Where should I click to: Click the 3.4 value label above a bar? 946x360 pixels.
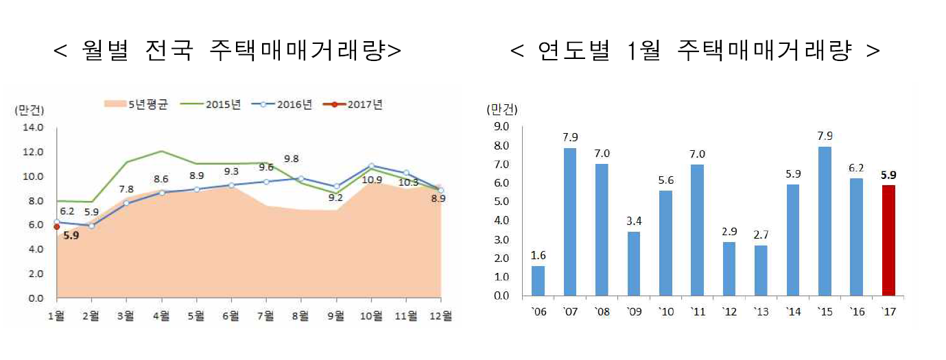pyautogui.click(x=632, y=221)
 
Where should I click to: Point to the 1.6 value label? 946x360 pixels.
pyautogui.click(x=539, y=256)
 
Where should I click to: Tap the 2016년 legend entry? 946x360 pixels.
pyautogui.click(x=281, y=105)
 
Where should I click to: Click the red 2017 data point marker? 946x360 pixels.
pyautogui.click(x=57, y=226)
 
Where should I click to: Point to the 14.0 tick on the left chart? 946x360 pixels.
pyautogui.click(x=33, y=128)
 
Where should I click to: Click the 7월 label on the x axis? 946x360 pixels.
pyautogui.click(x=265, y=316)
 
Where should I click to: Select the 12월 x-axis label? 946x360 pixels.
pyautogui.click(x=440, y=316)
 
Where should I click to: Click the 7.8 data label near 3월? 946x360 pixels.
pyautogui.click(x=126, y=189)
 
